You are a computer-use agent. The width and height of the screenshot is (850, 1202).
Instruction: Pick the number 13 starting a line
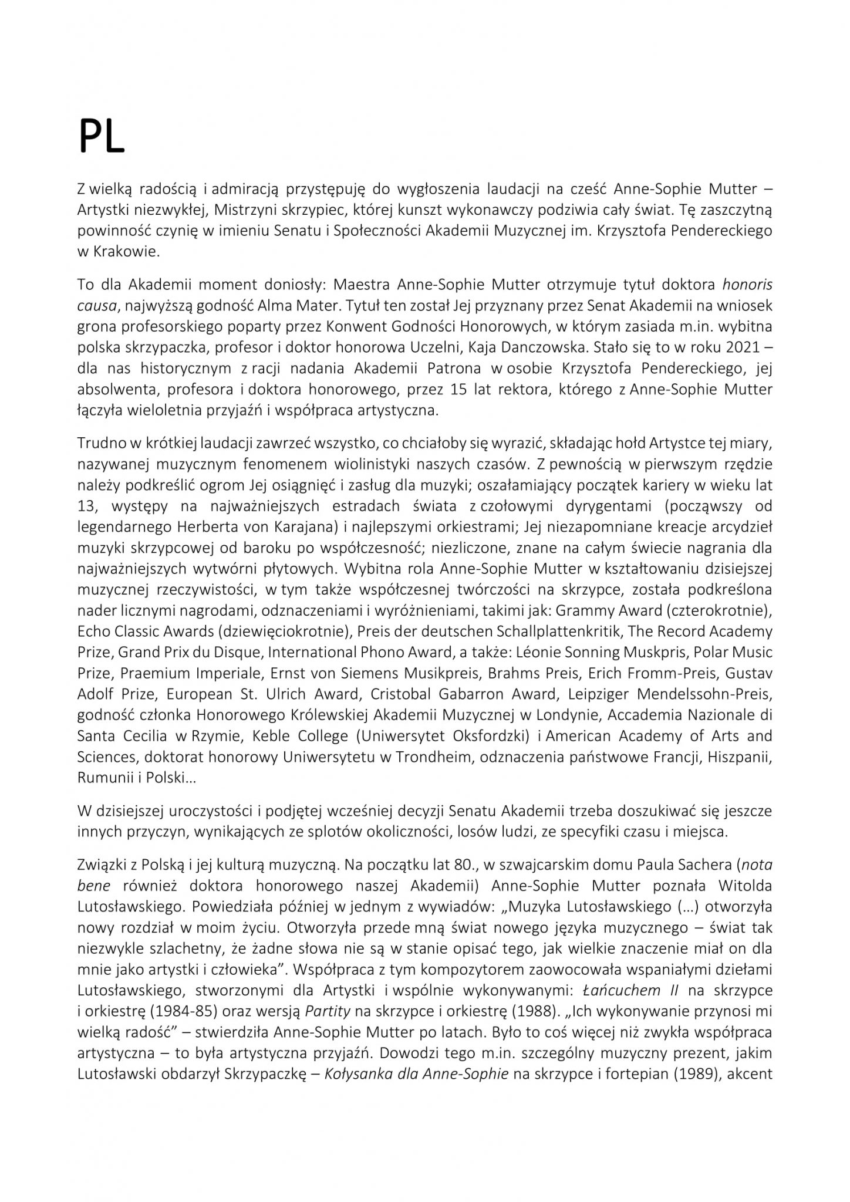86,506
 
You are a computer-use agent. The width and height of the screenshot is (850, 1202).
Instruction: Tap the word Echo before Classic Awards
93,632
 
